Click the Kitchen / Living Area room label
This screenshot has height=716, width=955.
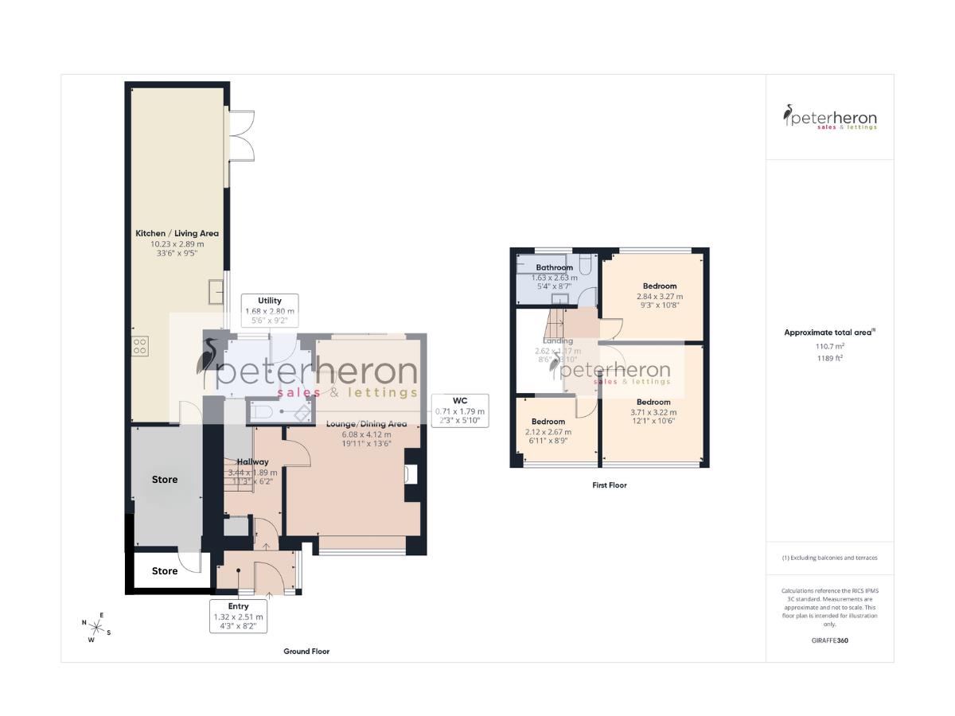point(177,233)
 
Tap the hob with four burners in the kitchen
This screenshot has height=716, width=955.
point(139,346)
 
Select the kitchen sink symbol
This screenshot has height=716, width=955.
point(216,292)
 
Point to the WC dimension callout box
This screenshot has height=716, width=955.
point(459,411)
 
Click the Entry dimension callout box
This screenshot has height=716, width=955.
point(238,617)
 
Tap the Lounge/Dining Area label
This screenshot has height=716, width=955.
point(366,424)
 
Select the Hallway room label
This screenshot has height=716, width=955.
point(252,461)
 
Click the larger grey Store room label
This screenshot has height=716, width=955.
point(165,480)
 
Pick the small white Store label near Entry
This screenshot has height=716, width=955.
point(165,571)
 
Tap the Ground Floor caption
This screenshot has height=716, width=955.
point(306,652)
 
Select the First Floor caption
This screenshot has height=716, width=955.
point(610,485)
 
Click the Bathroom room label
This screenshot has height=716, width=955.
point(554,267)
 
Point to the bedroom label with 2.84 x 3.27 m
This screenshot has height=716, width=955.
point(659,286)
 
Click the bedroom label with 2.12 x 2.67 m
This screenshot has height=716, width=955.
point(548,422)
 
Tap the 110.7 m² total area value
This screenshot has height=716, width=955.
point(828,347)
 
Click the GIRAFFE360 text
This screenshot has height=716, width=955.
point(829,640)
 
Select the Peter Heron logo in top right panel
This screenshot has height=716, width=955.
point(829,118)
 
